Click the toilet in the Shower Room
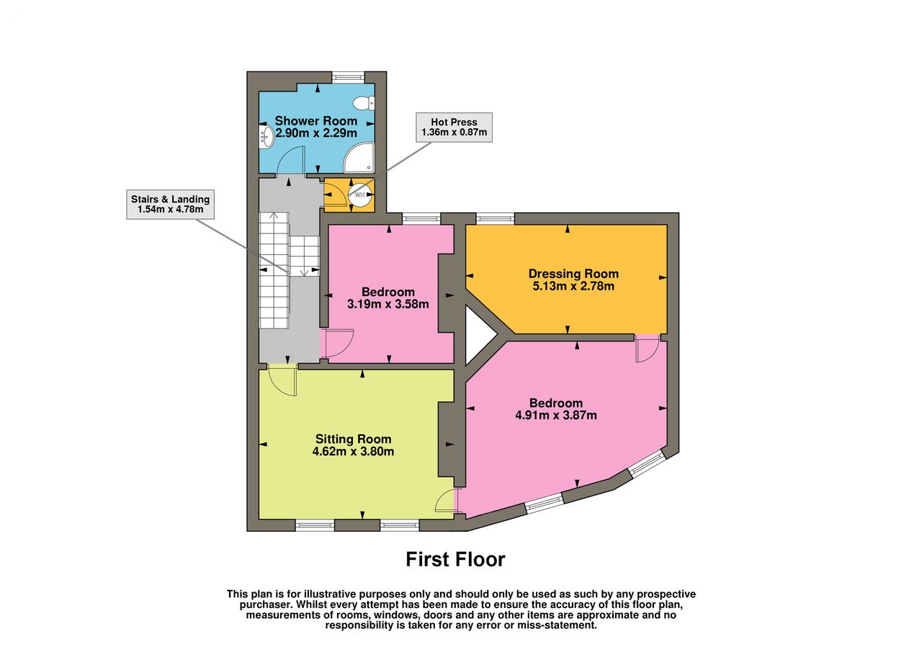click(x=364, y=103)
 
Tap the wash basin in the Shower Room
click(x=266, y=136)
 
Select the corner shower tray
click(x=359, y=158)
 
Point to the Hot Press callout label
click(x=454, y=128)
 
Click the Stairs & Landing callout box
click(x=171, y=204)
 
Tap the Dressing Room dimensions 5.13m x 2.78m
click(x=573, y=286)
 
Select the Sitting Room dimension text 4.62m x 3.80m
click(x=353, y=452)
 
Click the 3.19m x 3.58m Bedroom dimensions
click(x=388, y=304)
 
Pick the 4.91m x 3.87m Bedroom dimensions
click(x=556, y=415)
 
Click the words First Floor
click(x=456, y=559)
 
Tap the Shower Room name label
click(x=315, y=120)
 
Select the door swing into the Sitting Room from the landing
click(x=282, y=380)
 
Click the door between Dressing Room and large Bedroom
click(x=648, y=348)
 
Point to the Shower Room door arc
click(x=290, y=161)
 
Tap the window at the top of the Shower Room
click(x=348, y=76)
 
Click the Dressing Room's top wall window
click(x=495, y=218)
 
